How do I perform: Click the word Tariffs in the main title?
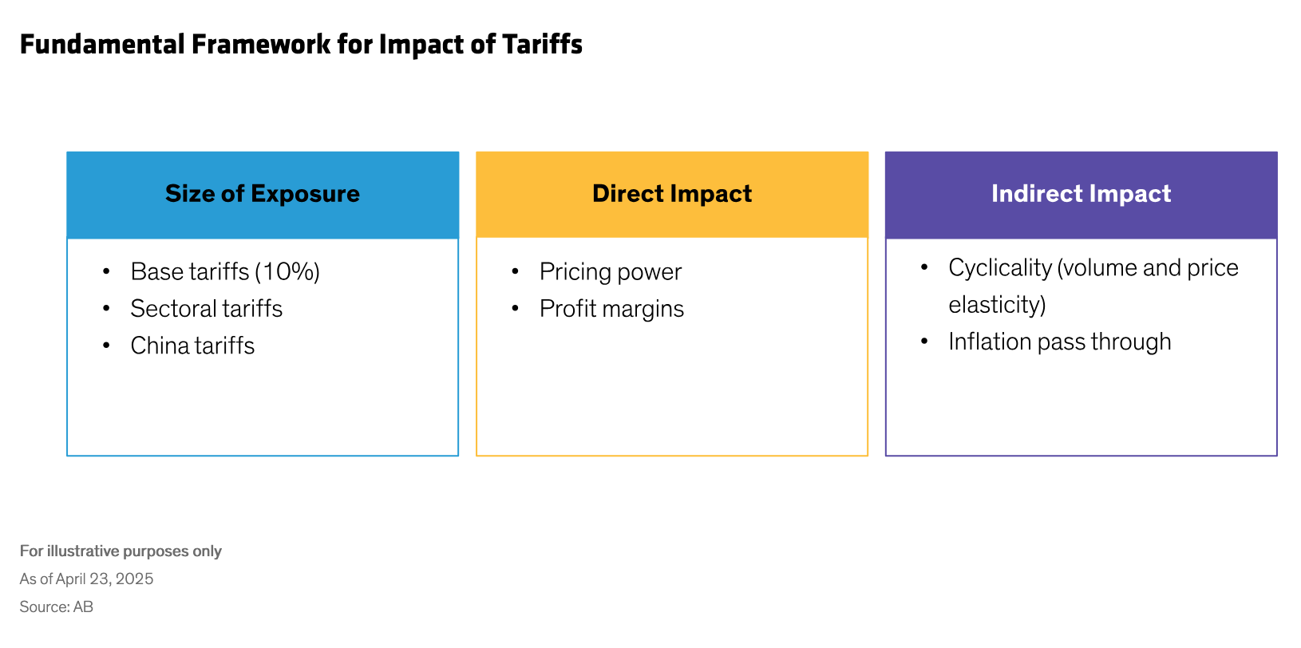(x=542, y=45)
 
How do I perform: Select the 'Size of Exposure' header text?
(x=263, y=194)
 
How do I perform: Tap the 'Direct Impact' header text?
(x=672, y=194)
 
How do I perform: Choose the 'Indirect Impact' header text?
(x=1081, y=194)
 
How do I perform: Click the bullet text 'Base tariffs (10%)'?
(x=225, y=272)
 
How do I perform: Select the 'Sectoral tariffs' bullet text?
(x=207, y=309)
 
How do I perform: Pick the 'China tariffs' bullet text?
(x=192, y=346)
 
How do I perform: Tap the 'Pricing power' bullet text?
(x=611, y=272)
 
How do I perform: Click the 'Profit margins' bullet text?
(x=611, y=309)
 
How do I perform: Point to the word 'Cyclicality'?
(x=1000, y=268)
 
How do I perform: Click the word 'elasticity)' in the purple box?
(x=997, y=305)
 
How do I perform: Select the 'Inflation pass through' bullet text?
(x=1059, y=342)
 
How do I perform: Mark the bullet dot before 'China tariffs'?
(x=107, y=346)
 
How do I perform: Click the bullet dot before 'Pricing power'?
(x=516, y=272)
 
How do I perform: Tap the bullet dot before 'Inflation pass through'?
(x=924, y=342)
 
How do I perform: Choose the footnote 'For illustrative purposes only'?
(x=121, y=551)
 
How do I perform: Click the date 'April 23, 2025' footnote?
(x=105, y=579)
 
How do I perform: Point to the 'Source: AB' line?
(x=57, y=607)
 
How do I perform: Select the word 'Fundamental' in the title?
(x=102, y=45)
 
